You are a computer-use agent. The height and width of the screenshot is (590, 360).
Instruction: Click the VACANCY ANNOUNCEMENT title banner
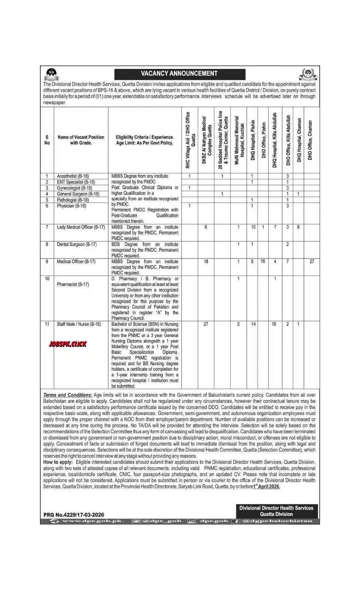[179, 74]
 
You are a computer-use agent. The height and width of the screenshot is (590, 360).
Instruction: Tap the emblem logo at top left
[51, 73]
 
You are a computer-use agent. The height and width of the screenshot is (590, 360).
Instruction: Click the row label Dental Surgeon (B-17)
[77, 244]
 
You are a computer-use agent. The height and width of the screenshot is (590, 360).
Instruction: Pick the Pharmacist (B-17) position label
[73, 284]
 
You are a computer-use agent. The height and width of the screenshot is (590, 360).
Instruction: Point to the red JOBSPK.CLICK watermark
[68, 344]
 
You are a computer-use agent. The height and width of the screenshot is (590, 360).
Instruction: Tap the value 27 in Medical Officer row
[312, 262]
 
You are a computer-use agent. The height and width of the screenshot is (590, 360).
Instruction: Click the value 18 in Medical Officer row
[206, 262]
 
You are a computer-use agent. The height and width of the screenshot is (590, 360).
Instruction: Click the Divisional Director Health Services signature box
[276, 511]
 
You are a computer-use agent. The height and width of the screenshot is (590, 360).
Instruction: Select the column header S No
[47, 140]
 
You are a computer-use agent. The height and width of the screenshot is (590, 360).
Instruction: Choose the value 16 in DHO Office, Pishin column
[263, 262]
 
